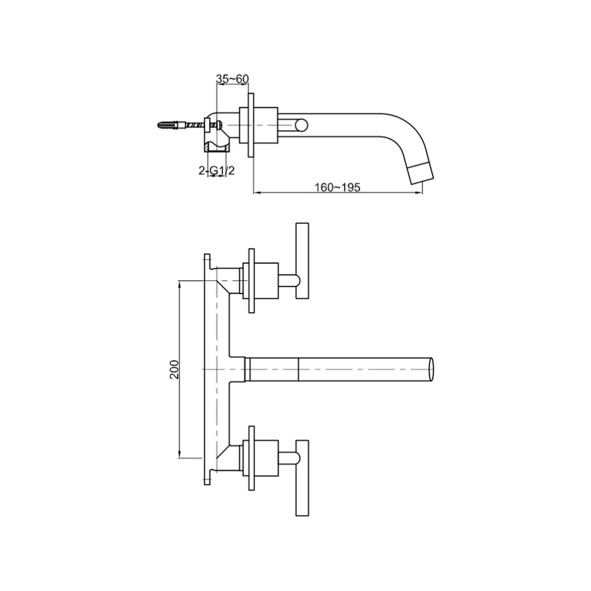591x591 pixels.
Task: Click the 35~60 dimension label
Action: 232,79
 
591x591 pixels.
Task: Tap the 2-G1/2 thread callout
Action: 217,170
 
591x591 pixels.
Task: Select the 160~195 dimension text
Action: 337,187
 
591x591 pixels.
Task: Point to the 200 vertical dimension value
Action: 174,369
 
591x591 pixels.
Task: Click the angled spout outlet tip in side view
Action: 422,173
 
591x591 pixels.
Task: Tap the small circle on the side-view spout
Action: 302,125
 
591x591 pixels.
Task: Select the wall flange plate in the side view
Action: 251,125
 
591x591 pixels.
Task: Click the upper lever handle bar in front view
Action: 302,261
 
